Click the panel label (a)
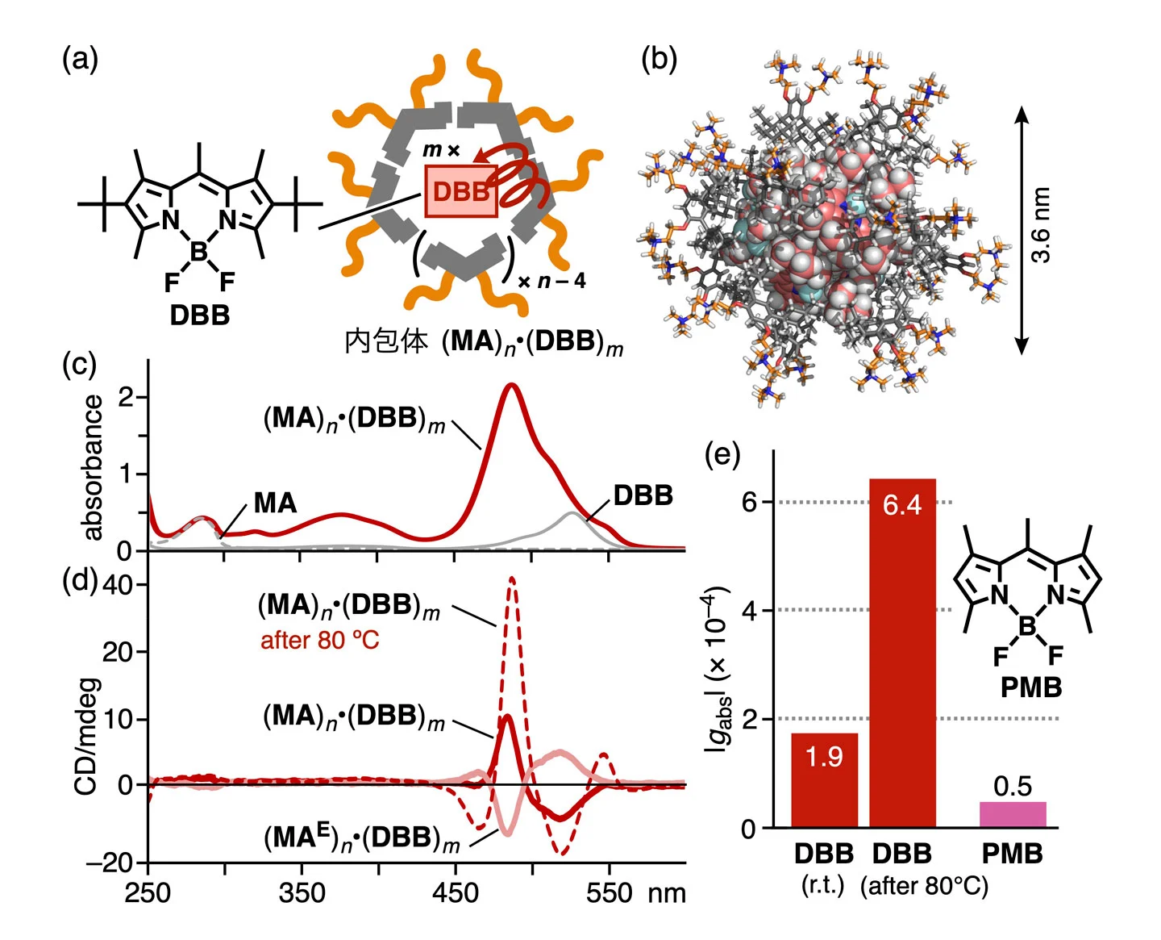pos(80,60)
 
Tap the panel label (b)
pos(659,60)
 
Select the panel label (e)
pos(722,455)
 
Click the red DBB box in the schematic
pos(460,191)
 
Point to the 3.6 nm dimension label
pos(1041,225)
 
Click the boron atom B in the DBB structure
pos(199,253)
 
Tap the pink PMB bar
pos(1013,814)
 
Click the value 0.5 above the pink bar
pos(1013,786)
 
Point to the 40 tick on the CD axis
pos(118,585)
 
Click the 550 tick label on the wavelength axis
pos(609,892)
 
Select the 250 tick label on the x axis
pos(148,892)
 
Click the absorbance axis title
pos(94,468)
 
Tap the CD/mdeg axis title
pos(86,736)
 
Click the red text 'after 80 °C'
pos(319,641)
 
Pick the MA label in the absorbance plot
pos(275,503)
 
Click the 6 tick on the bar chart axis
pos(749,502)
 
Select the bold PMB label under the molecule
pos(1031,687)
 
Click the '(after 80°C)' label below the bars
pos(924,886)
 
